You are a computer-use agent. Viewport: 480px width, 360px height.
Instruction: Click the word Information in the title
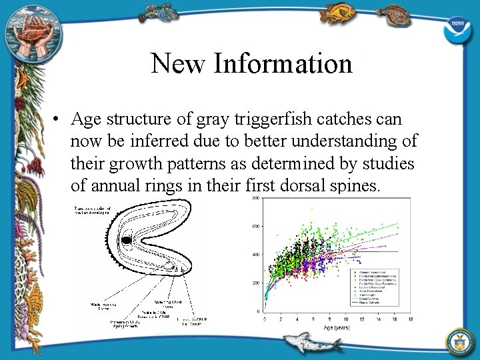(x=283, y=63)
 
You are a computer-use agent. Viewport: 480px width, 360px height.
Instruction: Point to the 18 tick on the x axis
(x=411, y=319)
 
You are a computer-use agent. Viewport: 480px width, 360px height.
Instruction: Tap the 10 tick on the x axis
(x=345, y=319)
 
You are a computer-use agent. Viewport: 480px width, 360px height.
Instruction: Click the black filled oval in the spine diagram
(x=125, y=240)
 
